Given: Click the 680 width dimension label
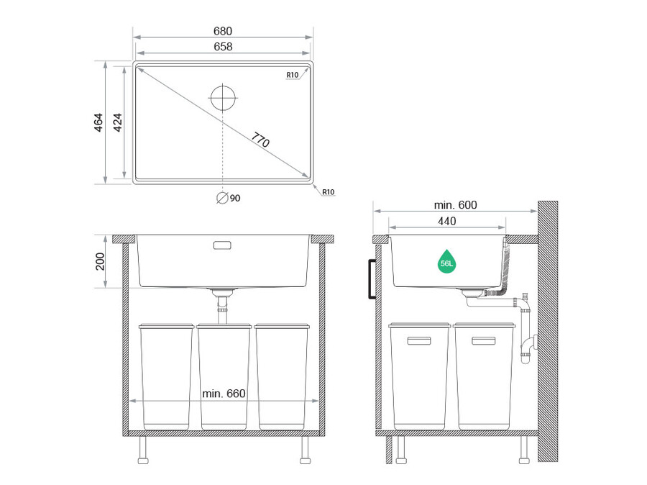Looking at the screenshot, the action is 223,31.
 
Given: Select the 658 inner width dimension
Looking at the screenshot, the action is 223,47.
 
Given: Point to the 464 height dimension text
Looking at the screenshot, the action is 98,122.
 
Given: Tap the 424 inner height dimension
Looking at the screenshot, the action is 118,122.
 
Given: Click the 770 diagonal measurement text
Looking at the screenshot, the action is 261,140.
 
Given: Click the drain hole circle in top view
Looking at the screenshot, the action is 223,99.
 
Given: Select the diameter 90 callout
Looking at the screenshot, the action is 229,199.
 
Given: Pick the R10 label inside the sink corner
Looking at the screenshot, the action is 292,75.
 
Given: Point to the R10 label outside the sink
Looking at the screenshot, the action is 329,192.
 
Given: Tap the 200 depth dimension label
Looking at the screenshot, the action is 100,261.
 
